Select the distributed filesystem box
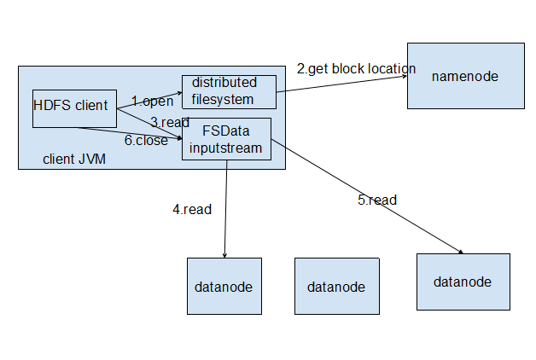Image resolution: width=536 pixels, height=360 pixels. (x=229, y=91)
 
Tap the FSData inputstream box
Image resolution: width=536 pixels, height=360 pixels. (x=226, y=139)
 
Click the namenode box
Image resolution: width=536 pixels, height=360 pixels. (x=465, y=76)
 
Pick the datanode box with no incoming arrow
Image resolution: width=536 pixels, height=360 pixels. (x=335, y=286)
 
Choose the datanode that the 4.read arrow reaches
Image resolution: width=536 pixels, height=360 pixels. (x=224, y=286)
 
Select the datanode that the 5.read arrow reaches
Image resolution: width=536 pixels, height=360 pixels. (x=463, y=282)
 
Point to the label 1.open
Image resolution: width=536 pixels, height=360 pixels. (x=152, y=102)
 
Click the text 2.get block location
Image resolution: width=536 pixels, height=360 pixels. (x=356, y=68)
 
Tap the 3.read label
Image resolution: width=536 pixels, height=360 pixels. (x=169, y=122)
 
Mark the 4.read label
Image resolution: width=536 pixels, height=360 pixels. (x=192, y=209)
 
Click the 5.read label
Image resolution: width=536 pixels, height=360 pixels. (x=376, y=200)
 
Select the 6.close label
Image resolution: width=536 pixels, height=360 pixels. (x=146, y=141)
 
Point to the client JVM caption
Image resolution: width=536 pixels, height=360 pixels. (x=74, y=160)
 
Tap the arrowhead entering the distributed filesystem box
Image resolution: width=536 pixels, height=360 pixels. (x=178, y=90)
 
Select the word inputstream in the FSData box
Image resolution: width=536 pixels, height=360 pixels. (x=226, y=148)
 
